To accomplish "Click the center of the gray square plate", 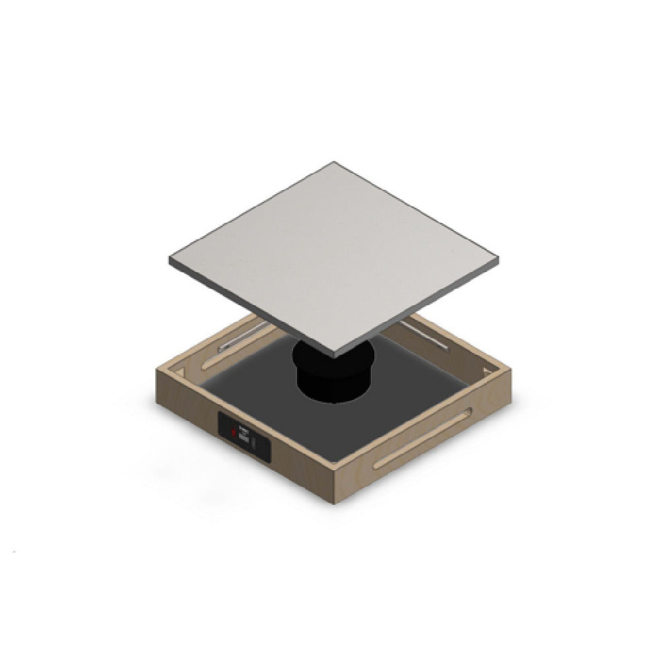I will click(x=333, y=257).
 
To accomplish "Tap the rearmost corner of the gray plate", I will click(x=334, y=162).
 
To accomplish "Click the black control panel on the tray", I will click(x=245, y=436).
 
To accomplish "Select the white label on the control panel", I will click(x=244, y=436).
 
